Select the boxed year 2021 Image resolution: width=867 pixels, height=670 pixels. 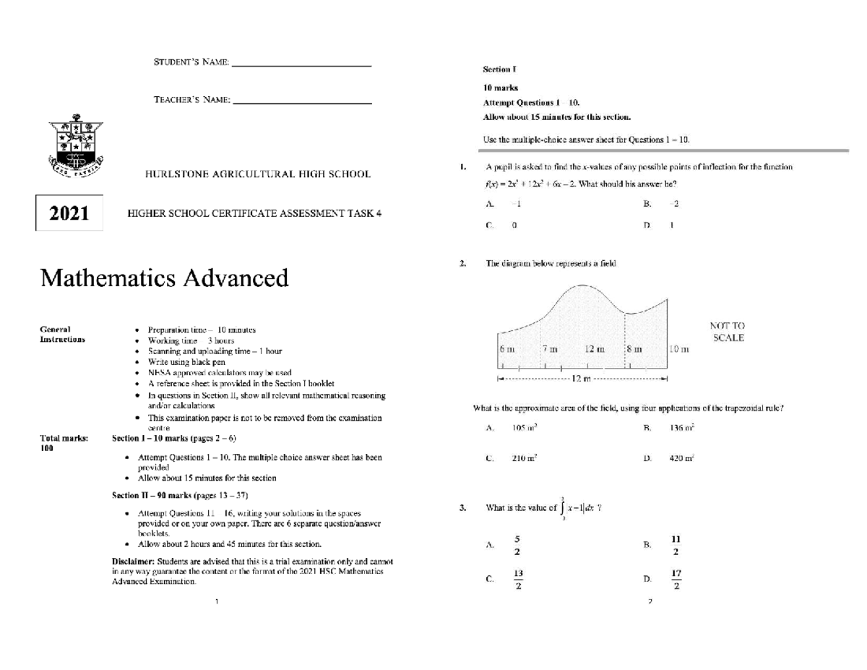click(x=69, y=213)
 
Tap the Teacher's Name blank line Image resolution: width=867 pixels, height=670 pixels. click(x=303, y=105)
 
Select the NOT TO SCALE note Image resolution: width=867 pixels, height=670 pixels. click(x=728, y=332)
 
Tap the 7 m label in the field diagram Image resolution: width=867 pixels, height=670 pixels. click(x=550, y=349)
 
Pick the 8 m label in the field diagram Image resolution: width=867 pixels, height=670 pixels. click(x=634, y=349)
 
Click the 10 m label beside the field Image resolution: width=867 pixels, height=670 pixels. click(x=680, y=349)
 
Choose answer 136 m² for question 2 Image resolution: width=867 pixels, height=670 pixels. click(x=682, y=429)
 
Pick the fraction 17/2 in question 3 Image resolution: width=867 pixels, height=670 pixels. click(x=676, y=579)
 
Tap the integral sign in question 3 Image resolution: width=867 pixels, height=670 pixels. click(x=562, y=507)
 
